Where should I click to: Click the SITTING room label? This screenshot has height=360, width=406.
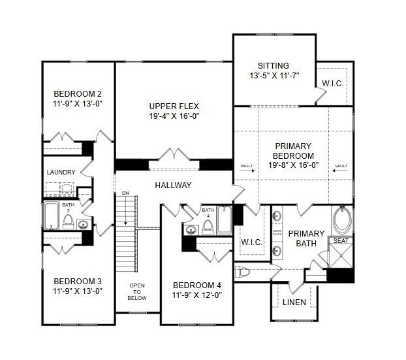click(273, 66)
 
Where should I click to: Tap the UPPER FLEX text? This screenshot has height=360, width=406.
click(174, 106)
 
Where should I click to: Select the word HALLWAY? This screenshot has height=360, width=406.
click(173, 186)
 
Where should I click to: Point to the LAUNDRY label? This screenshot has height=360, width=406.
click(61, 172)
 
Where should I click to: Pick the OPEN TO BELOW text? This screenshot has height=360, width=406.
click(137, 292)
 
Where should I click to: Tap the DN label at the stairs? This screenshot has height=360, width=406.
click(125, 194)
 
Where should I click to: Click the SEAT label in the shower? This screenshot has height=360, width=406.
click(341, 241)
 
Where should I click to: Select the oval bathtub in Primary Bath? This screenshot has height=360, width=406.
click(342, 220)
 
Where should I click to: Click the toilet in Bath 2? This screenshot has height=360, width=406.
click(68, 221)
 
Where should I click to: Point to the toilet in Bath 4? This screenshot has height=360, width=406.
click(208, 226)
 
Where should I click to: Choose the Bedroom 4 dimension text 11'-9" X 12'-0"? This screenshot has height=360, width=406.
click(197, 295)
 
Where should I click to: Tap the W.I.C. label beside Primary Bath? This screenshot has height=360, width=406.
click(251, 242)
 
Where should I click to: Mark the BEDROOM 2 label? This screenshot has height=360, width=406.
click(78, 93)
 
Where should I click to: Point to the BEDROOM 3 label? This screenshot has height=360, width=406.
click(78, 282)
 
